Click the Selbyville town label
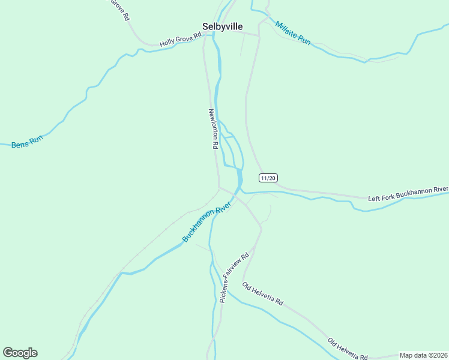[222, 26]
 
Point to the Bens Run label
[28, 142]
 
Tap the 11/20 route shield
[268, 178]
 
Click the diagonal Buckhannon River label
[206, 223]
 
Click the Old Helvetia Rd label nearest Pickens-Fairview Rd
[262, 293]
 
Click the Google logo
[20, 353]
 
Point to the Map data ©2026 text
[423, 355]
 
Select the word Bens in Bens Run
[20, 143]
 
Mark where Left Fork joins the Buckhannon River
[241, 191]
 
